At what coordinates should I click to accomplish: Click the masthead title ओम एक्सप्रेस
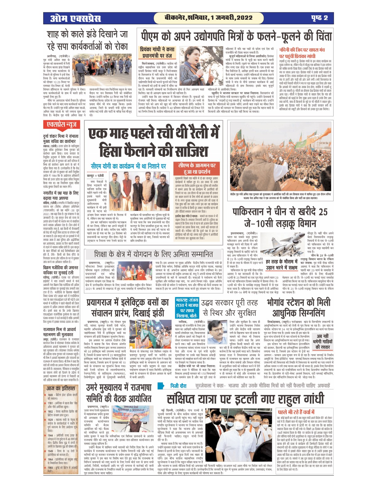(x=75, y=18)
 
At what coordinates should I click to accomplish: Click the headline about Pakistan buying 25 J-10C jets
(x=280, y=218)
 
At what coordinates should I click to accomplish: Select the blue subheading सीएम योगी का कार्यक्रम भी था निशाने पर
(x=128, y=166)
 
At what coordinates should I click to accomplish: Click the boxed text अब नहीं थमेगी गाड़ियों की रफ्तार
(x=322, y=341)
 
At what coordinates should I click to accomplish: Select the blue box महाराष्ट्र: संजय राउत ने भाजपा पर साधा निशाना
(x=187, y=308)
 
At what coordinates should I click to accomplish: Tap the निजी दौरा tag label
(x=179, y=386)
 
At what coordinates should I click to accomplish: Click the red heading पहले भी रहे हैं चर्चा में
(x=296, y=412)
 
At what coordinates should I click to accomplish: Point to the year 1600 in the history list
(x=50, y=395)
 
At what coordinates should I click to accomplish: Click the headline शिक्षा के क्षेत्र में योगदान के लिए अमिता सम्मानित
(x=153, y=254)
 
